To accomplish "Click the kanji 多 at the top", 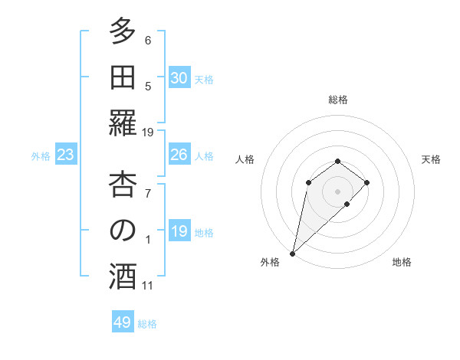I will tap(123, 32).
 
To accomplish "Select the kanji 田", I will tap(123, 77).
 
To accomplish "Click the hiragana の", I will tap(123, 231).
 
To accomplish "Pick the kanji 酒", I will tap(123, 277).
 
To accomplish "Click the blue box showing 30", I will tap(179, 78).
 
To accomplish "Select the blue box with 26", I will tap(179, 155).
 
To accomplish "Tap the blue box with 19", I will tap(179, 232).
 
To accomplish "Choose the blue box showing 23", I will tap(66, 155).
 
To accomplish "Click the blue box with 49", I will tap(123, 322).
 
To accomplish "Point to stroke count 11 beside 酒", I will tap(147, 286).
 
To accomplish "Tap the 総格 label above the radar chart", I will tap(338, 100).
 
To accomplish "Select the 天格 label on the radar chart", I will tap(431, 159).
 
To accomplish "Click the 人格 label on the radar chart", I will tap(245, 159).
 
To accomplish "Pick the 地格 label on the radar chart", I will tap(402, 263).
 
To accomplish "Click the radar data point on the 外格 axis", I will tap(292, 253).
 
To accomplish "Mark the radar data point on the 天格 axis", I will tap(367, 182).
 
